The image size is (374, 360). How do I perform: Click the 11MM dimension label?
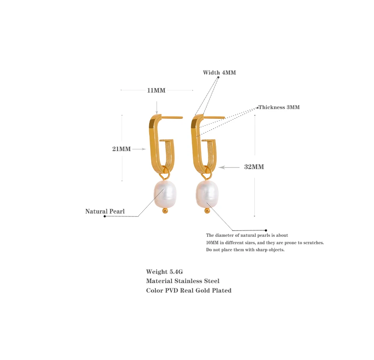156,90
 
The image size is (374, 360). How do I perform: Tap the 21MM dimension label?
122,149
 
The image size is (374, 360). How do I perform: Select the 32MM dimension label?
254,167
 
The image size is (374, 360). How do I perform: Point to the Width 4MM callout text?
219,72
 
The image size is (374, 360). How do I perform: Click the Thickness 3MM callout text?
279,107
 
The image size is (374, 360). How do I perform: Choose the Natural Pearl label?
105,212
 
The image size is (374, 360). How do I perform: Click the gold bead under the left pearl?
165,211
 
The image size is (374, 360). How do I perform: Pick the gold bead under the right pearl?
207,211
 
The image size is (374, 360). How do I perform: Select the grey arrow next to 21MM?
139,149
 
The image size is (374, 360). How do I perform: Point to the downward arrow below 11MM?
157,107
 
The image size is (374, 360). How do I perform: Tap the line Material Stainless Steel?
183,281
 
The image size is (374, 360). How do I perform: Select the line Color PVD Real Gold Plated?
189,290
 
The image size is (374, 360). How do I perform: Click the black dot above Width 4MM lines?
218,77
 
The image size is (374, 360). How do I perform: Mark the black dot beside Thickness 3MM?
258,107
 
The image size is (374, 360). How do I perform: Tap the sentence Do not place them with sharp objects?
245,250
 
